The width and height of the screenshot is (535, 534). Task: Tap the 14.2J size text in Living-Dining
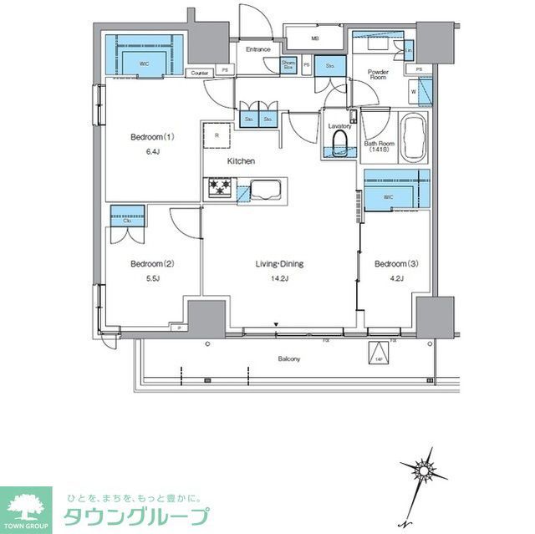pos(279,279)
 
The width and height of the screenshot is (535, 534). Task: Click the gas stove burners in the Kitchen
pos(221,188)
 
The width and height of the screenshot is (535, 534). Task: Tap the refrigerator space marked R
pos(217,135)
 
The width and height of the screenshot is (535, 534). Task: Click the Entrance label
pos(257,49)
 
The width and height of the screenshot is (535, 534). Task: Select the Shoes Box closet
pos(289,64)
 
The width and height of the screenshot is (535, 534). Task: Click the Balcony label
pos(289,359)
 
